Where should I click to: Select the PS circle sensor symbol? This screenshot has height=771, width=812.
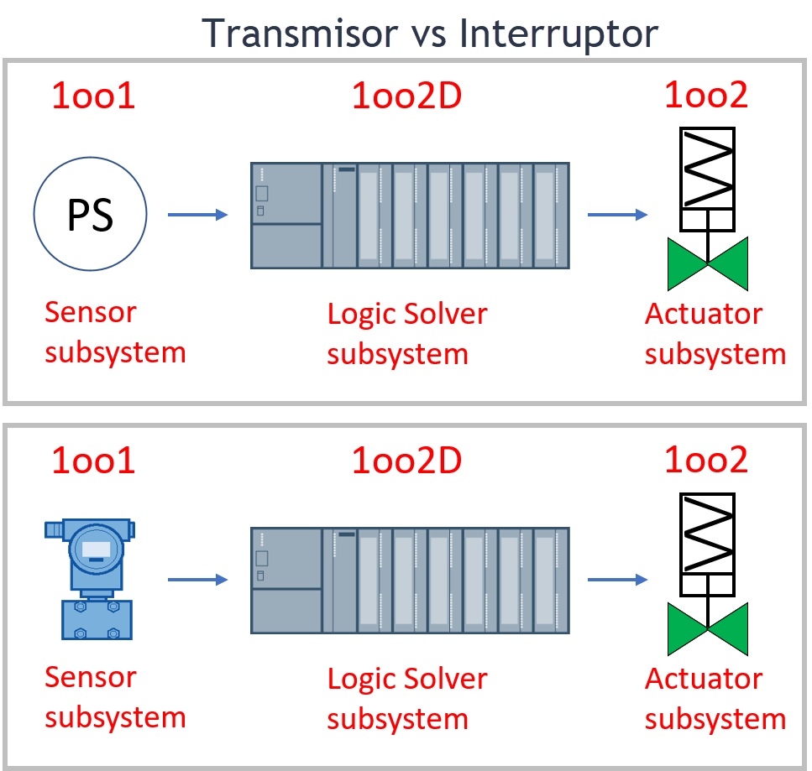[x=91, y=215]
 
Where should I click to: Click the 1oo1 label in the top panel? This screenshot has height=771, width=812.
[x=93, y=97]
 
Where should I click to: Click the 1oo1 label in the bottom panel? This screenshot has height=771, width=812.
[x=93, y=461]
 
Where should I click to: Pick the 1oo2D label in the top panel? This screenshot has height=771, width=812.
[x=406, y=97]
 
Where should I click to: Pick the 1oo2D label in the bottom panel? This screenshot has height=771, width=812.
[x=406, y=461]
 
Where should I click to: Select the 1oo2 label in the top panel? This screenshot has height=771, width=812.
[x=706, y=96]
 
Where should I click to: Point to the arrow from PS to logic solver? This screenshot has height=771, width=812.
[x=198, y=215]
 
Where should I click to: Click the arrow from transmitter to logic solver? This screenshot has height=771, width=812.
[x=198, y=579]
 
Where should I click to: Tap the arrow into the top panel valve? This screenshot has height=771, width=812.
[x=617, y=215]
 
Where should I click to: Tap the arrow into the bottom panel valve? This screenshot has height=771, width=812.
[x=617, y=579]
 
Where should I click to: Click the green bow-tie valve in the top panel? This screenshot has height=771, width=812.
[x=708, y=263]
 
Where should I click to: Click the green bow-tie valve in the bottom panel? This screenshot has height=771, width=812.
[x=708, y=628]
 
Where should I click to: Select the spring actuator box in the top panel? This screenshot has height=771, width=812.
[x=708, y=168]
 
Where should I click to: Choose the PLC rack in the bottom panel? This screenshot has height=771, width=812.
[x=410, y=580]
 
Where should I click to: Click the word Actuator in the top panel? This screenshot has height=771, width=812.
[x=704, y=314]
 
